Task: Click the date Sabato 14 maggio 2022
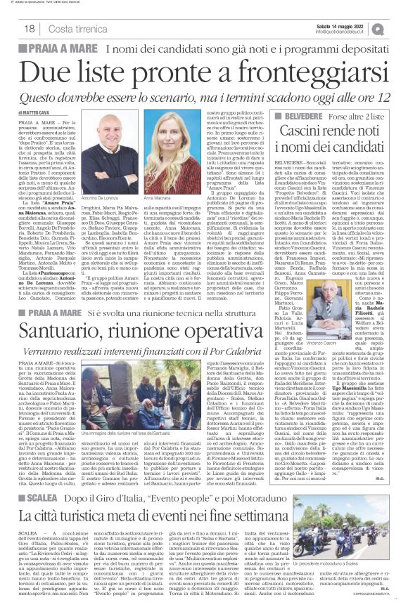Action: point(342,25)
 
